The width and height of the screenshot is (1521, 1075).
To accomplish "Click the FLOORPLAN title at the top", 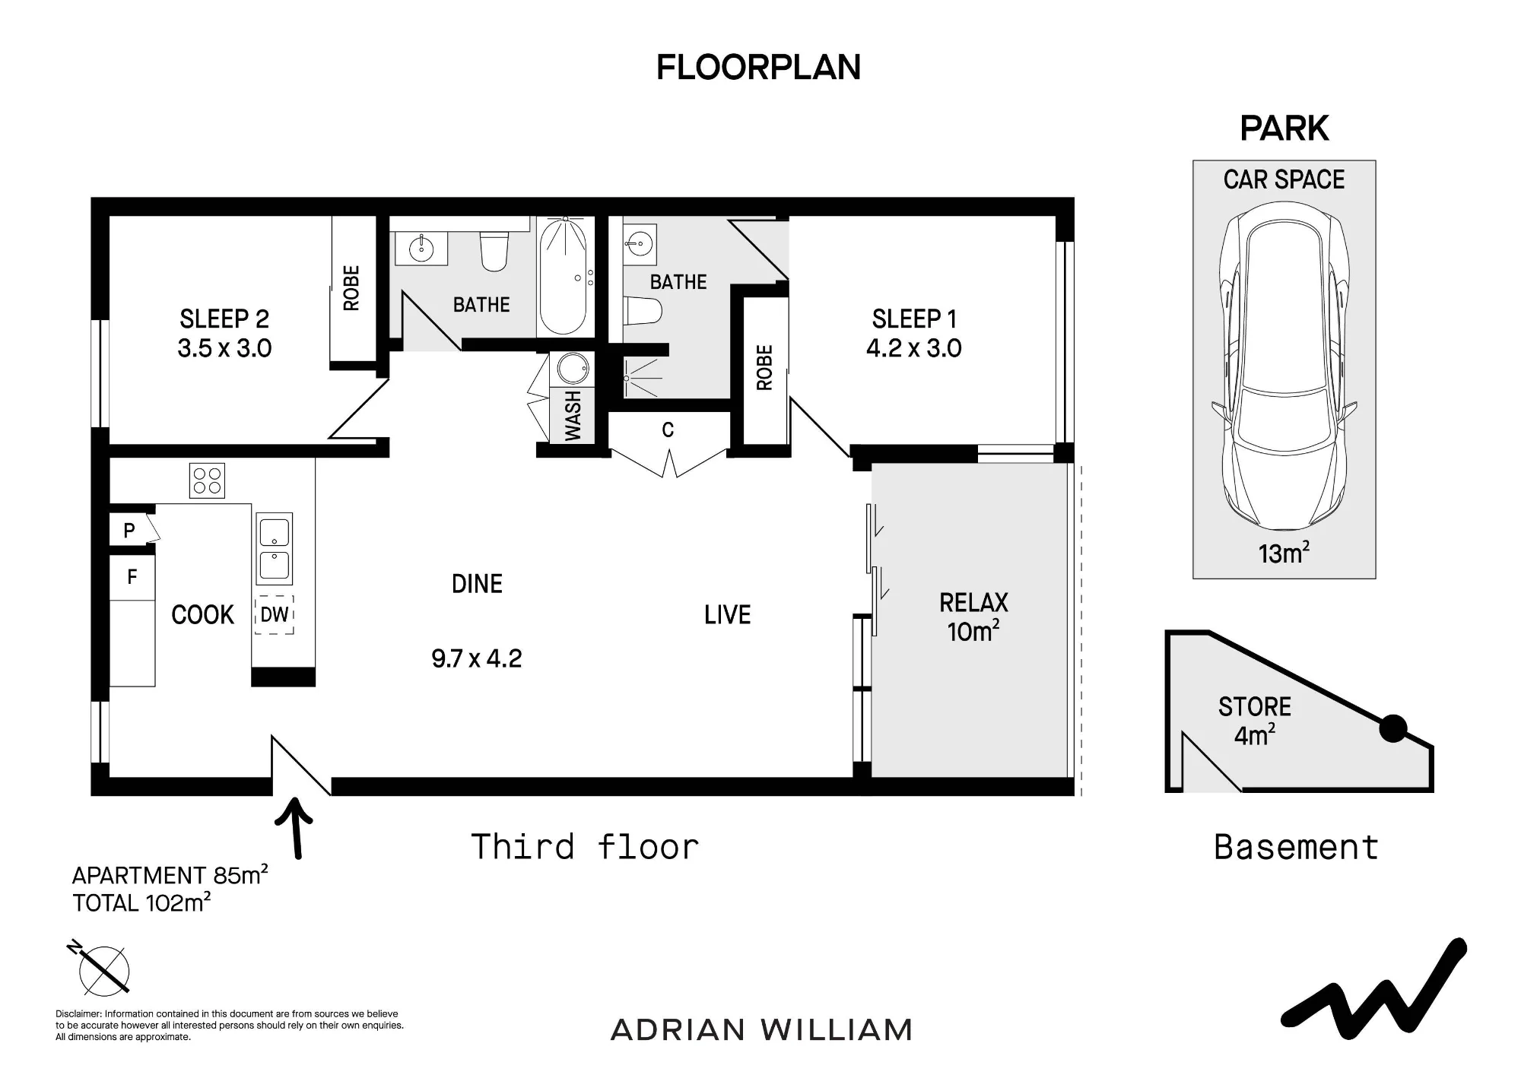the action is pyautogui.click(x=758, y=68).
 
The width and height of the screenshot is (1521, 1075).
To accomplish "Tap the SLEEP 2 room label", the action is pyautogui.click(x=224, y=319).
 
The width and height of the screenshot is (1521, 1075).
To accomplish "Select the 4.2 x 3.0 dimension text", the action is pyautogui.click(x=914, y=348).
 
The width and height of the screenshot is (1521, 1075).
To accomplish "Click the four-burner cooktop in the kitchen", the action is pyautogui.click(x=207, y=480).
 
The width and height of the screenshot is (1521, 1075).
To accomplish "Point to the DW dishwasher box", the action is pyautogui.click(x=275, y=614).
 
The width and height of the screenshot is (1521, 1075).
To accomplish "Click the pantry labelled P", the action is pyautogui.click(x=129, y=530).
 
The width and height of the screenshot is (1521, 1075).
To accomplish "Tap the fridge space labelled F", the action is pyautogui.click(x=132, y=577).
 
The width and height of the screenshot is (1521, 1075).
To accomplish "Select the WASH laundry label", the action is pyautogui.click(x=573, y=416).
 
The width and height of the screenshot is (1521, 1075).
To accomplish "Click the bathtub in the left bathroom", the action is pyautogui.click(x=564, y=277).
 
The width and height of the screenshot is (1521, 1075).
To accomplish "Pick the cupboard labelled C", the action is pyautogui.click(x=668, y=430).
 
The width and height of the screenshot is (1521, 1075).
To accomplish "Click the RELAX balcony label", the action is pyautogui.click(x=973, y=603).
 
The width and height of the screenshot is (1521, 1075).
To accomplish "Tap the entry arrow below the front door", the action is pyautogui.click(x=294, y=828).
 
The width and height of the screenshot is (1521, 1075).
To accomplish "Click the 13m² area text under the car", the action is pyautogui.click(x=1284, y=553).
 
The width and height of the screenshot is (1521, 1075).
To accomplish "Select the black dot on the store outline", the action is pyautogui.click(x=1393, y=729).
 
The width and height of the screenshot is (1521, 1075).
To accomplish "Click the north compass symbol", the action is pyautogui.click(x=101, y=969).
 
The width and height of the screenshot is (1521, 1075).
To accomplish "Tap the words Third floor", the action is pyautogui.click(x=585, y=847).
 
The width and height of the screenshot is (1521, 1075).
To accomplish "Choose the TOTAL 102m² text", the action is pyautogui.click(x=141, y=903).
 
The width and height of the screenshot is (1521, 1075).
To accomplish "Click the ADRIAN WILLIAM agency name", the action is pyautogui.click(x=761, y=1030).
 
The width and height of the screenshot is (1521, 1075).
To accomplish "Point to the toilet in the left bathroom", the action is pyautogui.click(x=494, y=251).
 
